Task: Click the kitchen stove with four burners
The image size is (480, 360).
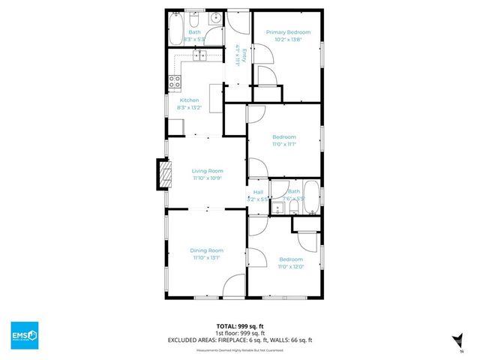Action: click(x=174, y=82)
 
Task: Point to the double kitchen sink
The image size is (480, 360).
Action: click(x=201, y=55)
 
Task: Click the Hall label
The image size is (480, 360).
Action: click(x=258, y=192)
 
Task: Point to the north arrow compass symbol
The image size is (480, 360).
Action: click(x=456, y=338)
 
